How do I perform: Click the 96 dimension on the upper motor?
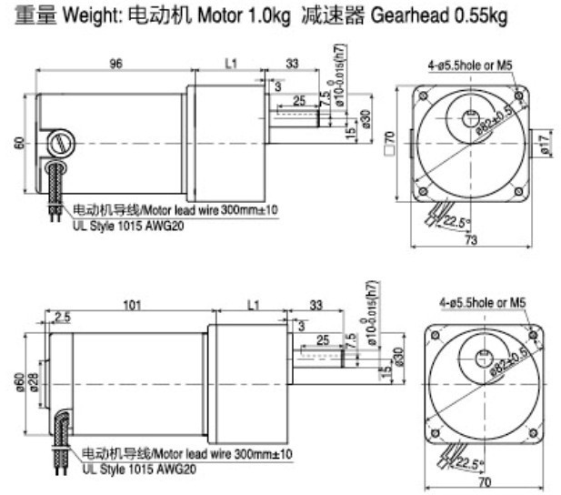click(116, 65)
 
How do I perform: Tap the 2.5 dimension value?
click(62, 317)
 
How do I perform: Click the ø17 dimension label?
click(544, 143)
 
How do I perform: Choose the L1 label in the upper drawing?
click(229, 65)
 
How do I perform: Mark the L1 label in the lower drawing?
click(252, 306)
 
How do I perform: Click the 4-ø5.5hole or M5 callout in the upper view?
click(476, 66)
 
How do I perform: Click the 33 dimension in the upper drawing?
click(293, 65)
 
